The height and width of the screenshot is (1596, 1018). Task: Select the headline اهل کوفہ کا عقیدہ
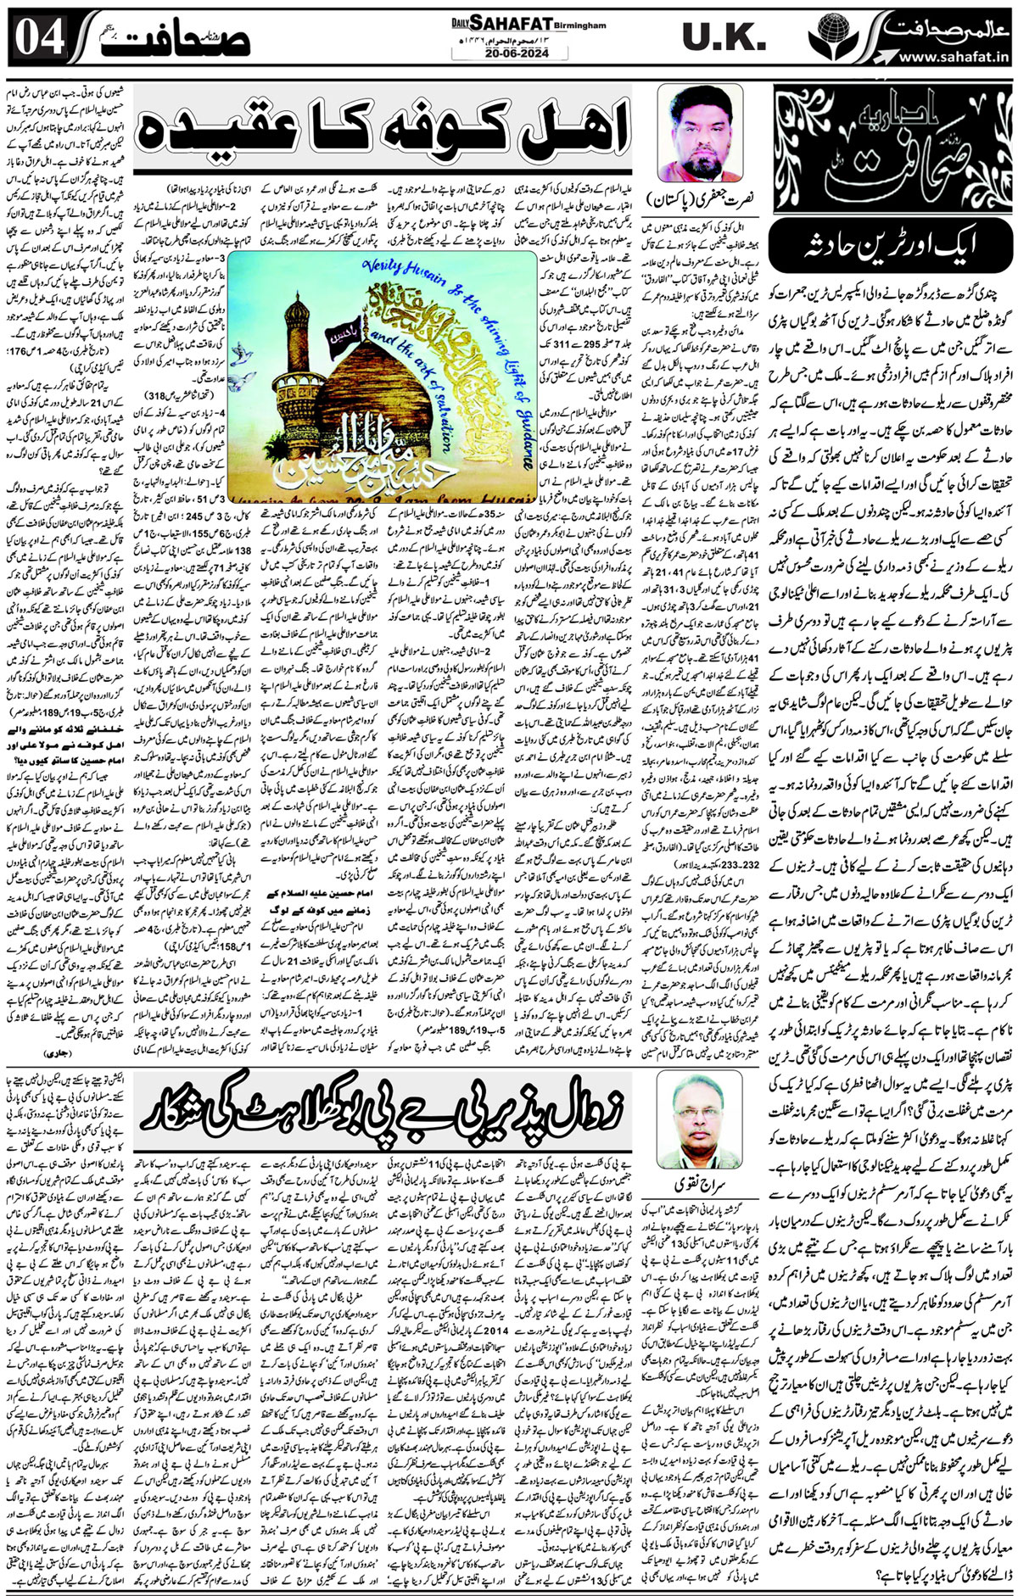coord(387,123)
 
